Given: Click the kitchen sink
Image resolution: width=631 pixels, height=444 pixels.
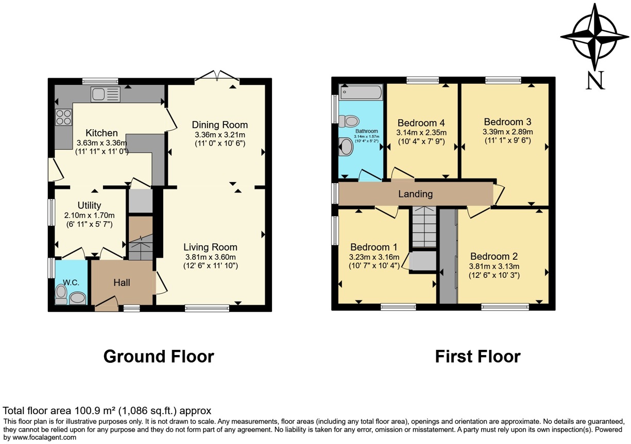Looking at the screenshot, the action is tap(106, 94).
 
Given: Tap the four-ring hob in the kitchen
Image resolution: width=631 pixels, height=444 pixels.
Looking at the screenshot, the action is tap(64, 117).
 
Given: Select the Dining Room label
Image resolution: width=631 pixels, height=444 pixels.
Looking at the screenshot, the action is tap(220, 125).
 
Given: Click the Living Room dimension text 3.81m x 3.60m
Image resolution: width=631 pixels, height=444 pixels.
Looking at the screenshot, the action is tap(211, 257).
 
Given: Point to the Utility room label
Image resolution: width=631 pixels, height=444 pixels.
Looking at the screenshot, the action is tap(89, 205).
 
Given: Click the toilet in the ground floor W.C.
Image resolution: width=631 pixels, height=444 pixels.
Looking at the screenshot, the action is tap(61, 294).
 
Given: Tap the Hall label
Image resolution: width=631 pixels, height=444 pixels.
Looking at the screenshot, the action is tap(122, 282).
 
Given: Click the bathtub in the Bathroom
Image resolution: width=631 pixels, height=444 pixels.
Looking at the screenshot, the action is tap(361, 92).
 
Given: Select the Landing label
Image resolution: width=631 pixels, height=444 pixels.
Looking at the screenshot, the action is tap(415, 194).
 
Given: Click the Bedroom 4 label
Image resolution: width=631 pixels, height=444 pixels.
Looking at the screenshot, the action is tap(421, 123).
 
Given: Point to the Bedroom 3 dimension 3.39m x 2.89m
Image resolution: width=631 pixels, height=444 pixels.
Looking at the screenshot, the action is tap(507, 132).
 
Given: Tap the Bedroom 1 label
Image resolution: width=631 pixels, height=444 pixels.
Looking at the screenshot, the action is tap(374, 247).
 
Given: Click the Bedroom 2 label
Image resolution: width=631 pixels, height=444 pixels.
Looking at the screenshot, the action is tap(494, 256).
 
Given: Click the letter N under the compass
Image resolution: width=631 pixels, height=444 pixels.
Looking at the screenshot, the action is tap(595, 80).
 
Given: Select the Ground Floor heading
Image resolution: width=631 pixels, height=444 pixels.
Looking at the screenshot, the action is tap(159, 357).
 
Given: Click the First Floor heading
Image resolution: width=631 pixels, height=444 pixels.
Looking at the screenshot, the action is tap(478, 357).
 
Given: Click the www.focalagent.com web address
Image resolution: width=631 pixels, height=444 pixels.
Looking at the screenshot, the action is tap(44, 437).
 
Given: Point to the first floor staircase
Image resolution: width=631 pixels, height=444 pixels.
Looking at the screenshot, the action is tap(424, 227).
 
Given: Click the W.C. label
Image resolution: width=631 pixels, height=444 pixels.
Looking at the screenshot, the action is tap(71, 282).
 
